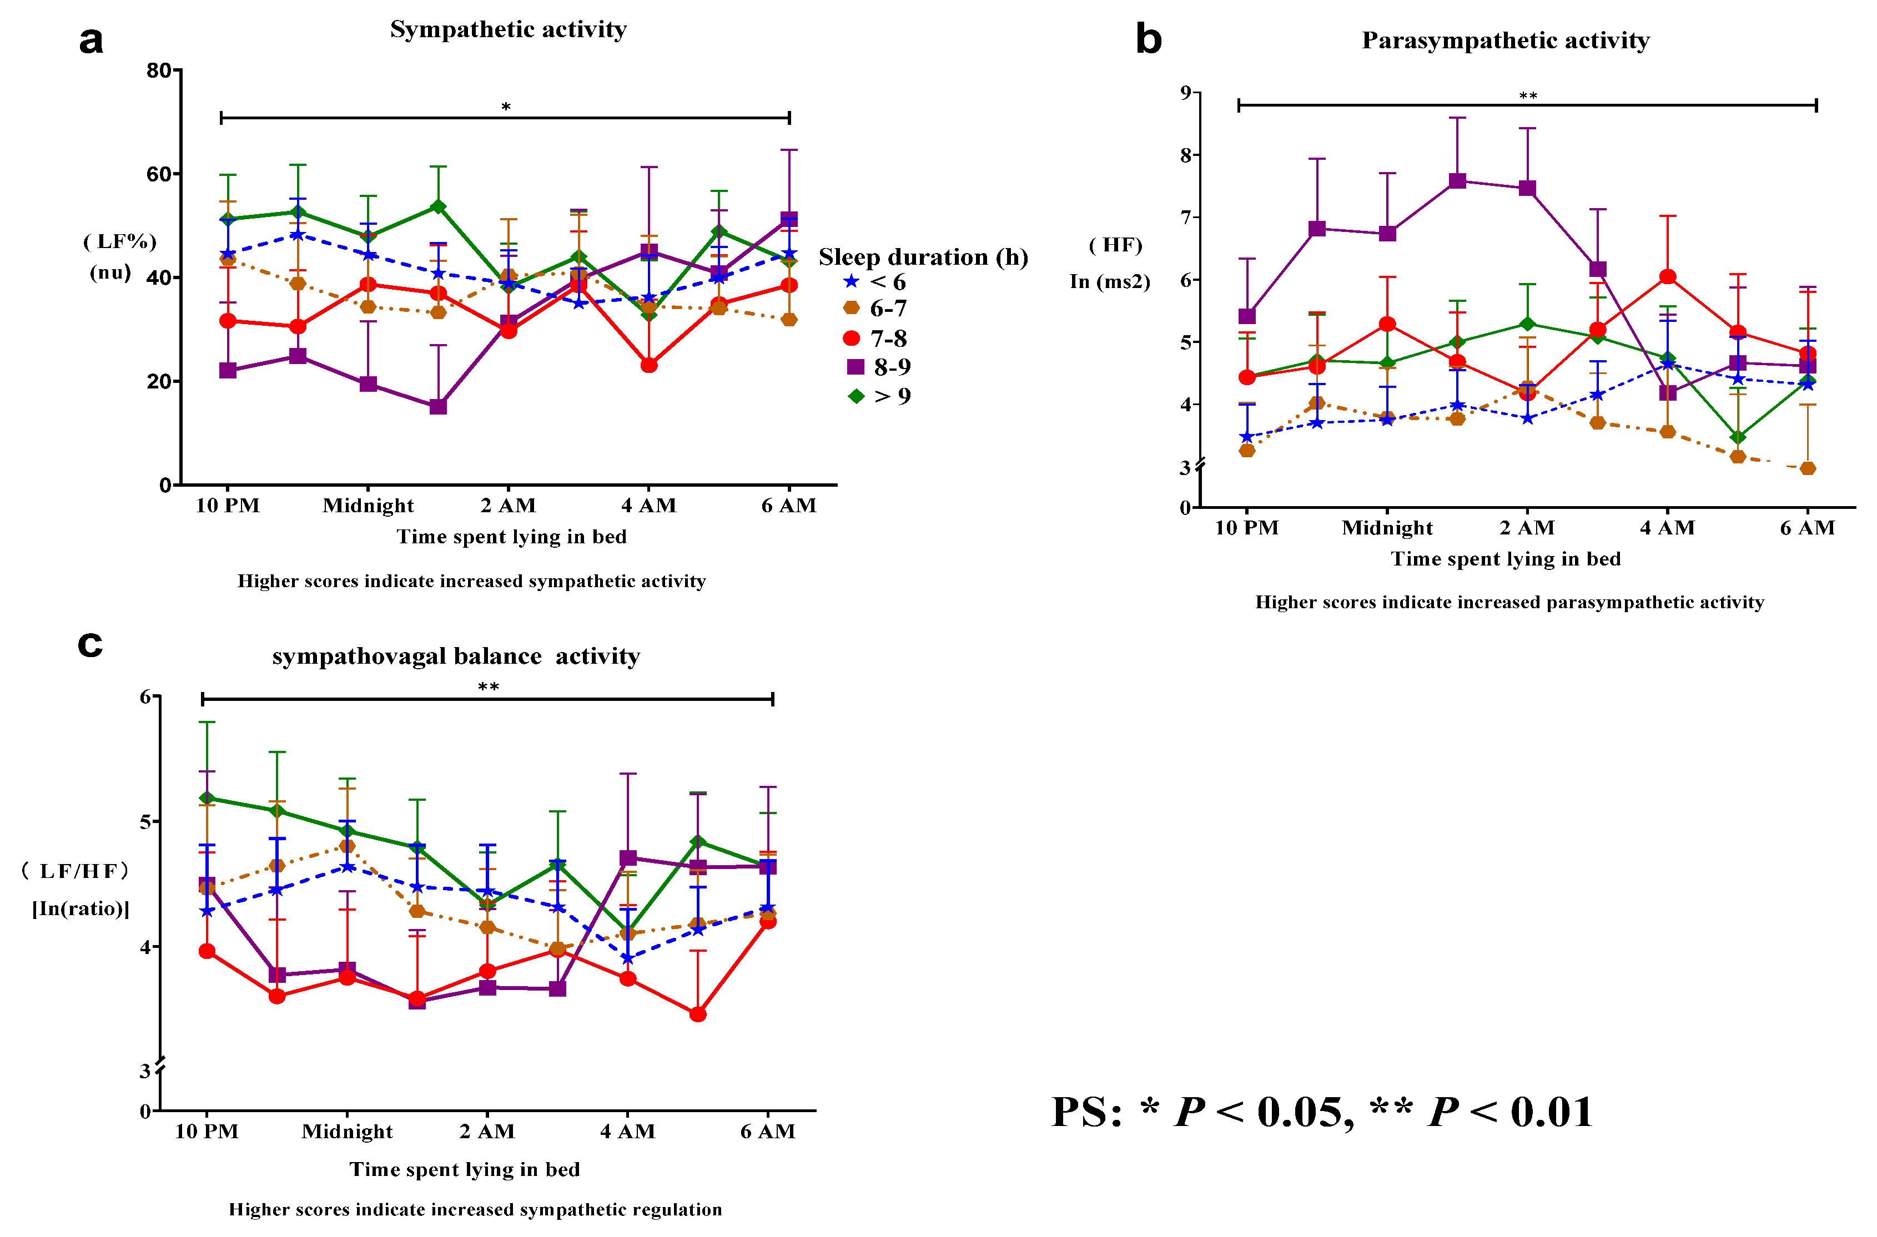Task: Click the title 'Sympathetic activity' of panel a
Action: click(508, 30)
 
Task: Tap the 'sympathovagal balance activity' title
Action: click(455, 657)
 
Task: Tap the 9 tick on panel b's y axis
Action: click(1185, 93)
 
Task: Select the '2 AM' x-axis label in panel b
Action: click(1527, 528)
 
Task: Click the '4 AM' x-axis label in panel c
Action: click(627, 1132)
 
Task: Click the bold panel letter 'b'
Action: click(1148, 39)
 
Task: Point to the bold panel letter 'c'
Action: click(90, 644)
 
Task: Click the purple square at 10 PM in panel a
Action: click(228, 370)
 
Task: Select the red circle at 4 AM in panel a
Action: click(648, 365)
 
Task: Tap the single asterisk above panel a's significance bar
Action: click(506, 107)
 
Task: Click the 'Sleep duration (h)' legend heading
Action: click(923, 257)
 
